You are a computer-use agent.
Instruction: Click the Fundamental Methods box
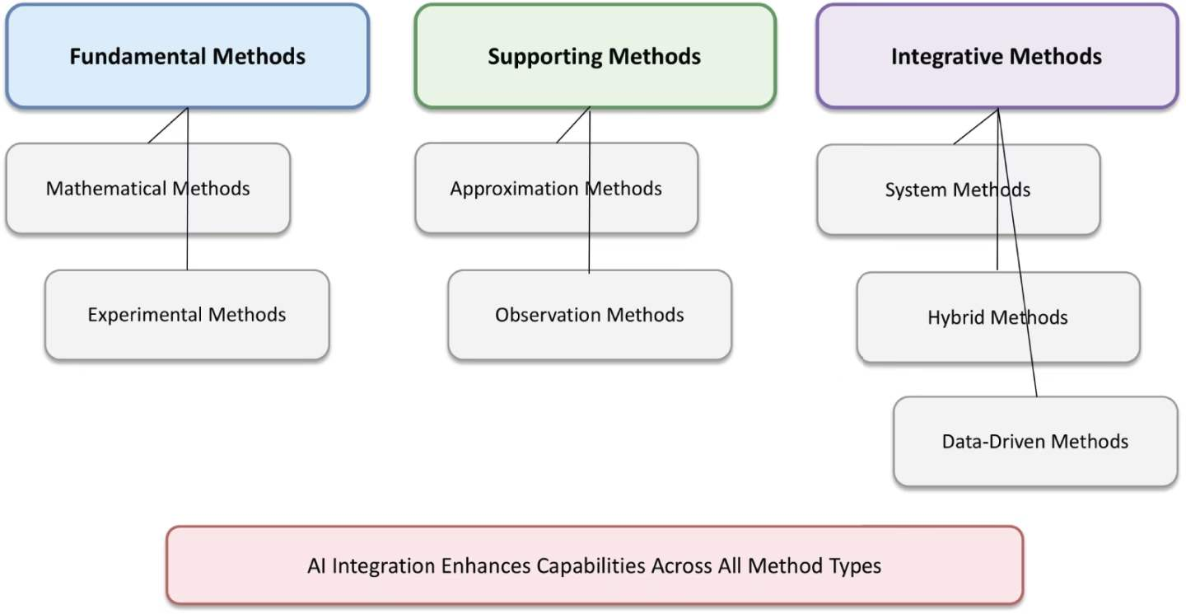188,56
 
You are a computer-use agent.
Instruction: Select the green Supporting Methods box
595,56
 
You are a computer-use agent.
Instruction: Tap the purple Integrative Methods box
997,56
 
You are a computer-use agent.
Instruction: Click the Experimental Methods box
187,315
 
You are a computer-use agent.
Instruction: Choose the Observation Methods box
590,315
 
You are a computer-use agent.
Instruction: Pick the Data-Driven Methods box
1035,441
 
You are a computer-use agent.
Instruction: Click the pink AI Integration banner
595,565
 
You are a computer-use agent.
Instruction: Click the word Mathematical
106,189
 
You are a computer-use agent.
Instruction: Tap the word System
916,190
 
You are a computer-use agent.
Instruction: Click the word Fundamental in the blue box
137,56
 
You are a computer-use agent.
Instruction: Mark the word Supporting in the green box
544,57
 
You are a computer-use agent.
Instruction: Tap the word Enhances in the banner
486,566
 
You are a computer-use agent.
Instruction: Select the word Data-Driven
993,442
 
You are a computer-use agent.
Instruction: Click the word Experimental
145,315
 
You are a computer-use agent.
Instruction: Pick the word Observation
548,315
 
